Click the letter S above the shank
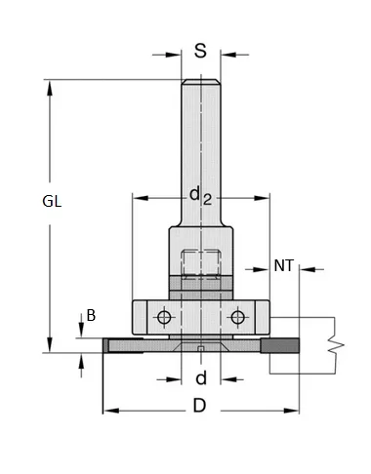tap(200, 50)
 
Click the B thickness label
tap(91, 315)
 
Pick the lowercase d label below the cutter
tap(201, 378)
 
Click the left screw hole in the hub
tap(165, 317)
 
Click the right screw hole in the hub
tap(236, 317)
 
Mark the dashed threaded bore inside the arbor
tap(200, 263)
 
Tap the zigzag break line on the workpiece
tap(335, 343)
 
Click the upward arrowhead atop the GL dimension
tap(49, 85)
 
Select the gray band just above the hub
tap(200, 290)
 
